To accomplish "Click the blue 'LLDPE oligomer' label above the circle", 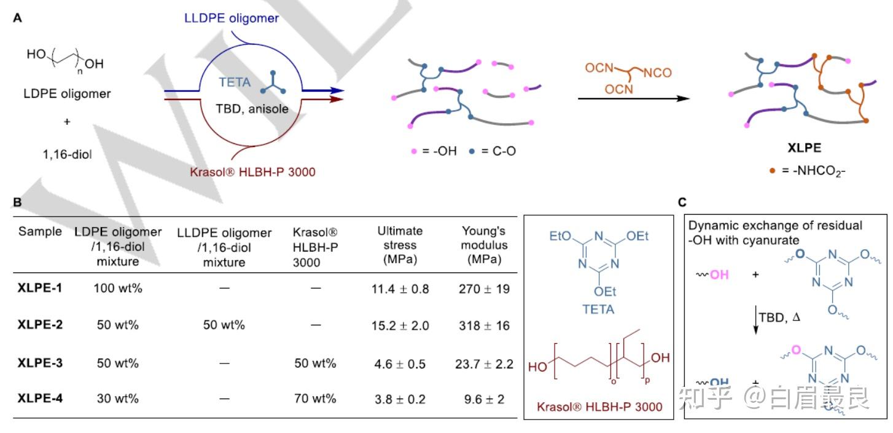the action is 231,18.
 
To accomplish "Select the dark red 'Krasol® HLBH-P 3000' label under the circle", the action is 252,172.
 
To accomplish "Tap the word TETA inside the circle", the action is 235,82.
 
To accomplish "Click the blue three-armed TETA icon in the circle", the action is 273,84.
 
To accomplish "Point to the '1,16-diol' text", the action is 67,154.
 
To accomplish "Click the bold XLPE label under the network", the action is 804,148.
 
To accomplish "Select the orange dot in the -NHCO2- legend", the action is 772,171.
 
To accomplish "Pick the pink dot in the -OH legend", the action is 414,151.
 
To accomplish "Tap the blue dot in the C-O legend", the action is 472,151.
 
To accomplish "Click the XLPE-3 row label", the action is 40,363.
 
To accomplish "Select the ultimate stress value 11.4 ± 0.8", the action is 400,289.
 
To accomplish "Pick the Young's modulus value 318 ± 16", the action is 484,325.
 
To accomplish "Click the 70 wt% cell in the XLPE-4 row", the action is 315,399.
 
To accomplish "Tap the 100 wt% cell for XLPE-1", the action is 118,288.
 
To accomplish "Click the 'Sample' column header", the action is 40,231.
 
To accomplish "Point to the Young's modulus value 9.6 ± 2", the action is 484,399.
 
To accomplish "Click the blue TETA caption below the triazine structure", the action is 598,309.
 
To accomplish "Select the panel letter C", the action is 682,202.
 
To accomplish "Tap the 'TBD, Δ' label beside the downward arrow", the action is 779,317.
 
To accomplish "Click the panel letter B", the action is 17,202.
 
